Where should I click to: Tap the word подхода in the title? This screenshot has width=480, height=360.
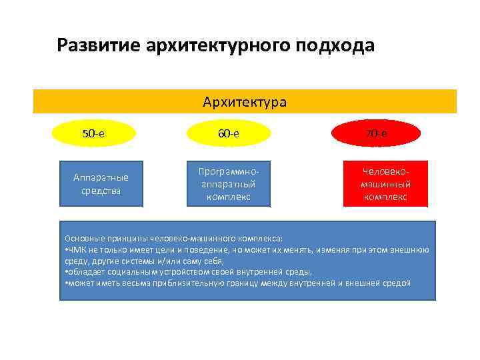coord(336,46)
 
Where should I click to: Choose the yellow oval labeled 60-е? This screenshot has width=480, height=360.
coord(227,133)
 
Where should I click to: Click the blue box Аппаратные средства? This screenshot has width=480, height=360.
coord(101,184)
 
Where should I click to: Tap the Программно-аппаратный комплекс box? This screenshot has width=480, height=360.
coord(227,184)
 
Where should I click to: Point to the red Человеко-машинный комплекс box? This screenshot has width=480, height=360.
coord(385,184)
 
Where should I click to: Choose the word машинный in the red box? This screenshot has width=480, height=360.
coord(385,184)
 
